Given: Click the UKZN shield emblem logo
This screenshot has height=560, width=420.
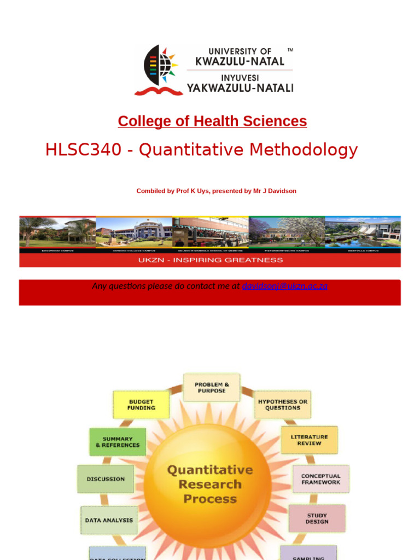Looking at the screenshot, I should click(x=159, y=69).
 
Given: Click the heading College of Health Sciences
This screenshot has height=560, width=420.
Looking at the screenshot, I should click(x=212, y=121).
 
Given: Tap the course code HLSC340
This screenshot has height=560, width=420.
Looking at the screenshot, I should click(x=83, y=150).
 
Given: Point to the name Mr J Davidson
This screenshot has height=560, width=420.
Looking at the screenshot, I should click(x=275, y=191).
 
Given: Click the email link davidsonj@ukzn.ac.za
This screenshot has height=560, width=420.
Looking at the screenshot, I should click(x=284, y=286).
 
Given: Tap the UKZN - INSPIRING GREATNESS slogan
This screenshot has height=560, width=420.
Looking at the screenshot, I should click(x=210, y=260).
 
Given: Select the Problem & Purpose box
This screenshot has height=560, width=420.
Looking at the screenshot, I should click(x=212, y=388).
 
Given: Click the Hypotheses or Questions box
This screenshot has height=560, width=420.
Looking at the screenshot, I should click(x=283, y=405).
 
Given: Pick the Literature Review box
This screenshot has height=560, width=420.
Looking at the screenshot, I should click(x=309, y=440).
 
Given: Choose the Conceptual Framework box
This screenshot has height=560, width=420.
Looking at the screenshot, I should click(x=320, y=479).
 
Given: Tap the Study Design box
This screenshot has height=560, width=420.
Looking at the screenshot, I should click(x=317, y=518).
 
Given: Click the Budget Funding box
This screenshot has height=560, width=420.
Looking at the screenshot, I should click(x=141, y=405).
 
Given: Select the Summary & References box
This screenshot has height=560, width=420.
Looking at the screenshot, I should click(x=118, y=442).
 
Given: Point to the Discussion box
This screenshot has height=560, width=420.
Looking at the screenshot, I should click(x=106, y=479).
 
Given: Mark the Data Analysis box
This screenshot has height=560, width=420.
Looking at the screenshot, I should click(x=109, y=520).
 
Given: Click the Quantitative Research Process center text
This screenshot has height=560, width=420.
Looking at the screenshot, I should click(x=210, y=484).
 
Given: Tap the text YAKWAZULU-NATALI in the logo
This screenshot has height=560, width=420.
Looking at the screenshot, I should click(x=240, y=87).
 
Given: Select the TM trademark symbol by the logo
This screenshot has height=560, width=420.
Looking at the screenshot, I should click(x=290, y=50).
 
